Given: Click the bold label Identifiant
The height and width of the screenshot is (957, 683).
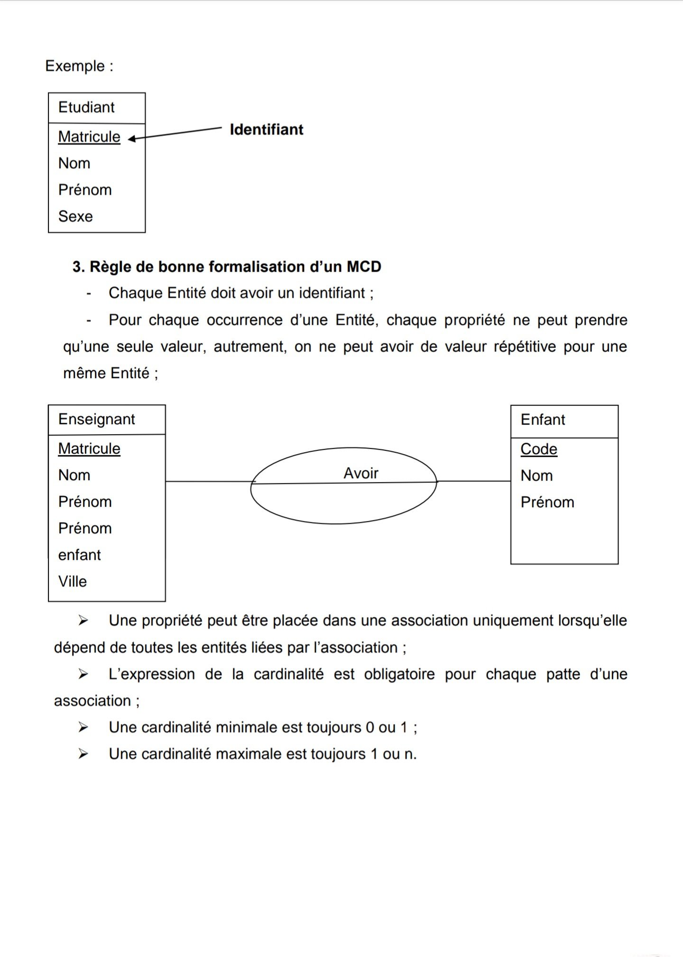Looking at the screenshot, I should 266,130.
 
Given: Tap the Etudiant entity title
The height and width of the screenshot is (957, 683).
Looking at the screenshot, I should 86,107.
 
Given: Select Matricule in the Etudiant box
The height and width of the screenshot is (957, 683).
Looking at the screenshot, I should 89,137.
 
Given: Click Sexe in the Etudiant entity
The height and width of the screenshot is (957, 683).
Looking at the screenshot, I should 75,216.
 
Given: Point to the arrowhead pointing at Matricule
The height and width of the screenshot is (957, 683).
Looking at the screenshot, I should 131,139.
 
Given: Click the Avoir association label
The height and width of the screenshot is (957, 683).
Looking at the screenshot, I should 361,473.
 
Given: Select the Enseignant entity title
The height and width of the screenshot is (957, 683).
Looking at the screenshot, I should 96,419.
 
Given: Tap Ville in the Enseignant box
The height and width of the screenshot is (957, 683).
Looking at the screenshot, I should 73,581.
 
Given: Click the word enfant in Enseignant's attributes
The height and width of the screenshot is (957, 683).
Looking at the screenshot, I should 79,555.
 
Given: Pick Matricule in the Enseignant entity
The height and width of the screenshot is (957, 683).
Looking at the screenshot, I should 89,448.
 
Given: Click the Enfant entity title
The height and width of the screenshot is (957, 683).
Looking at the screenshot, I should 543,420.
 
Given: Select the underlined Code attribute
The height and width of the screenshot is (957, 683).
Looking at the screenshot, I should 539,449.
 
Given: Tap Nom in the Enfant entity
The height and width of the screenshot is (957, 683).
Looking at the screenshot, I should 536,475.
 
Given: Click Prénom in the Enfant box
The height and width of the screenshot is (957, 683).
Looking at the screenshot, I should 547,502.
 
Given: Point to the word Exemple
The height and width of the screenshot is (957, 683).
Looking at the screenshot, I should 75,66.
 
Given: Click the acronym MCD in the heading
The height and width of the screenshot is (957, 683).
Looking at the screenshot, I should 364,267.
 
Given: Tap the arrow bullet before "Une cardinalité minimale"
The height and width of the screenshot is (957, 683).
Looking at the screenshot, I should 83,727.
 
